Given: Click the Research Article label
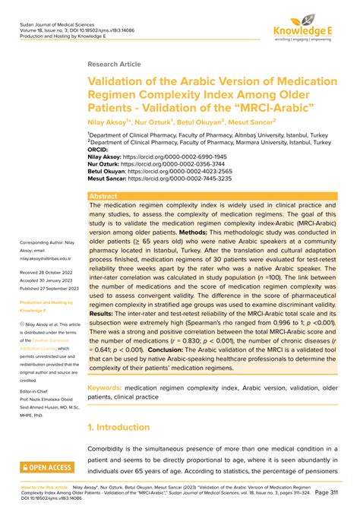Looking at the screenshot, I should coord(114,65).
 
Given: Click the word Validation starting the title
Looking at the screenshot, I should coord(125,81).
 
